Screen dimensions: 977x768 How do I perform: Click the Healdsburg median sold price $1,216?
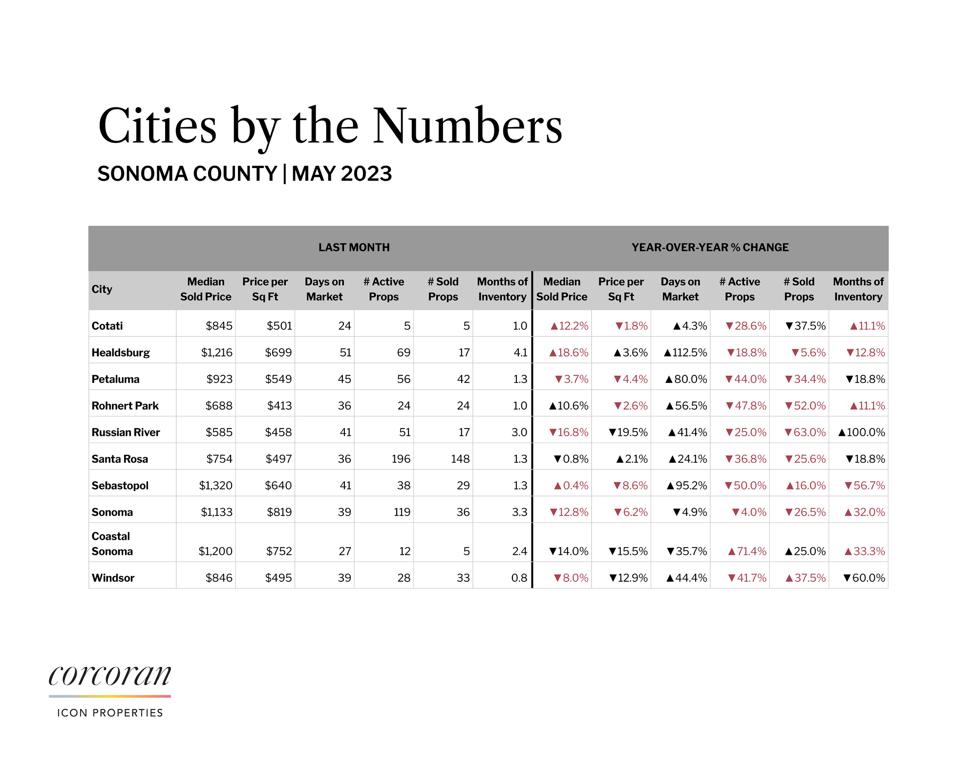point(216,352)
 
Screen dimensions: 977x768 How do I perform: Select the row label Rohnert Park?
point(125,405)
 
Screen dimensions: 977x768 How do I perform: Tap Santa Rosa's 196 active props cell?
point(401,459)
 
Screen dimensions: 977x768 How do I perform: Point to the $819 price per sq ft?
point(279,512)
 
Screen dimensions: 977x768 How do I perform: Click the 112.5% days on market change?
point(685,352)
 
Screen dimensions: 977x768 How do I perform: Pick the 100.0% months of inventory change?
point(861,432)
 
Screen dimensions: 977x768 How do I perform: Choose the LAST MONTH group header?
point(354,247)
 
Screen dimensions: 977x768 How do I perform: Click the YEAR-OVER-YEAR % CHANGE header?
point(710,247)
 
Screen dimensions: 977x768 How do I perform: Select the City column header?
point(102,289)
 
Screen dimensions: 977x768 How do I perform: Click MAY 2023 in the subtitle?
point(341,174)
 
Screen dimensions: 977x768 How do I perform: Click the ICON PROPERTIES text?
point(110,713)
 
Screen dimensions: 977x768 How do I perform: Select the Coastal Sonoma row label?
point(112,543)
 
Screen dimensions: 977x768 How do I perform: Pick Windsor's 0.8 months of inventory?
point(519,578)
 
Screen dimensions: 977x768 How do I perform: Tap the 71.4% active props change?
point(747,551)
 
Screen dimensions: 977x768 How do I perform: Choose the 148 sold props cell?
point(460,459)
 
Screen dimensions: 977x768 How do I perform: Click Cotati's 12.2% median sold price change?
point(569,326)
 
